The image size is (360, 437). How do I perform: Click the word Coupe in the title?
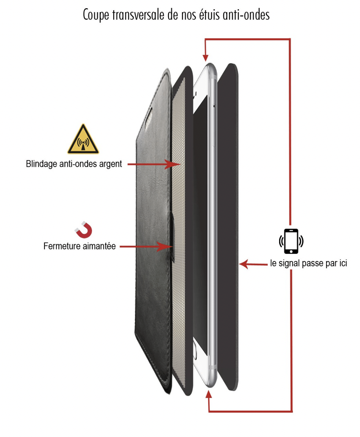click(96, 15)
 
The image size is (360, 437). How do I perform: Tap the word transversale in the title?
click(138, 15)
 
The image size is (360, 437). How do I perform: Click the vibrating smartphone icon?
click(291, 241)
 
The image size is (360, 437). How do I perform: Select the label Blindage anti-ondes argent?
click(74, 164)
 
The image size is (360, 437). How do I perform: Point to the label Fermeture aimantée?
click(80, 246)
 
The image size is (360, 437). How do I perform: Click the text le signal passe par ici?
click(309, 263)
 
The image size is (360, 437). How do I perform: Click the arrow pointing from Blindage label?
click(154, 164)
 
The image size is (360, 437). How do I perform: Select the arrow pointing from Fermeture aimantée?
click(146, 247)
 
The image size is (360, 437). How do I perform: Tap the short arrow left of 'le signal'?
click(253, 264)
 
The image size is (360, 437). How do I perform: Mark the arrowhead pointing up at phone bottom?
click(208, 394)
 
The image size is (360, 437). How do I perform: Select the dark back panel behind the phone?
click(228, 227)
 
